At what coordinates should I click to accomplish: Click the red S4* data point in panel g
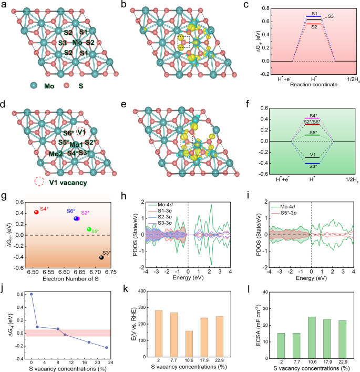point(36,212)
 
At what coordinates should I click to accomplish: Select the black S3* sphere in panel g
point(101,257)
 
